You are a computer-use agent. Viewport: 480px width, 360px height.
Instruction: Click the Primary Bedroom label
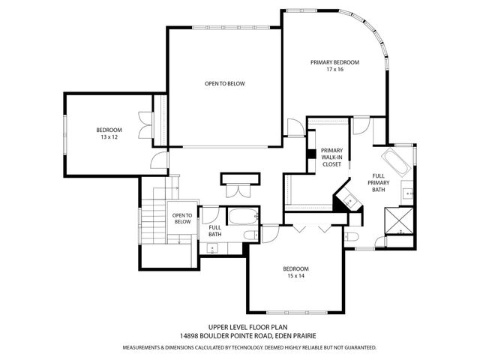335,62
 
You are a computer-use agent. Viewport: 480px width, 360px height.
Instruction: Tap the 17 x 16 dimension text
335,70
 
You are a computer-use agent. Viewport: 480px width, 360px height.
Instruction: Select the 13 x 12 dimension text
109,138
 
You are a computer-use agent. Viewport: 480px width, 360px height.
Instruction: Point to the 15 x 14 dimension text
295,276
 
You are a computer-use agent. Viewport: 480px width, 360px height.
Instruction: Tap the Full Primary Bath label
379,183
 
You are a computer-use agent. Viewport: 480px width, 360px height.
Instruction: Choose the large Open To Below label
224,83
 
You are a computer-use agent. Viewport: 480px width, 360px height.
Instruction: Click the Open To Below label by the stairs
182,218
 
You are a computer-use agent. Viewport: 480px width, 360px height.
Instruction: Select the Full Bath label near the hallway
214,231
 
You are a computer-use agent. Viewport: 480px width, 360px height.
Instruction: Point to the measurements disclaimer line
250,348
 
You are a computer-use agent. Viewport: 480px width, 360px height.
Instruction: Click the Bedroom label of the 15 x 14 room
295,268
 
